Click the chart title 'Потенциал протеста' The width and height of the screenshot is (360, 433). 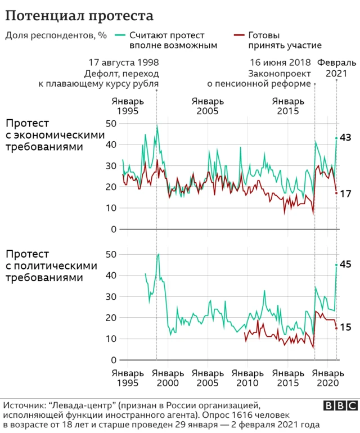pos(78,14)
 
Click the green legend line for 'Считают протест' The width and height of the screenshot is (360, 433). pos(120,35)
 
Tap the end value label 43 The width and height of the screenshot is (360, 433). pos(346,138)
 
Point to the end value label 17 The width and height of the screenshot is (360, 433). pos(346,193)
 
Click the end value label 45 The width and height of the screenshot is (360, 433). pos(346,265)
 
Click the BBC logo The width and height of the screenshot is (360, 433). pos(340,405)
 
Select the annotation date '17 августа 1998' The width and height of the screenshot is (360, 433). pos(123,62)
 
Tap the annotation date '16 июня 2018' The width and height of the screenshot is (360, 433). pos(280,62)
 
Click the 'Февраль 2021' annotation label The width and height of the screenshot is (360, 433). pos(336,67)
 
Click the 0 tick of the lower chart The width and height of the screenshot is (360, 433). pos(114,360)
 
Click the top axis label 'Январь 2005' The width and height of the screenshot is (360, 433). pos(208,106)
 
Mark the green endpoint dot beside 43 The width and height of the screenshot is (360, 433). pos(336,138)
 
